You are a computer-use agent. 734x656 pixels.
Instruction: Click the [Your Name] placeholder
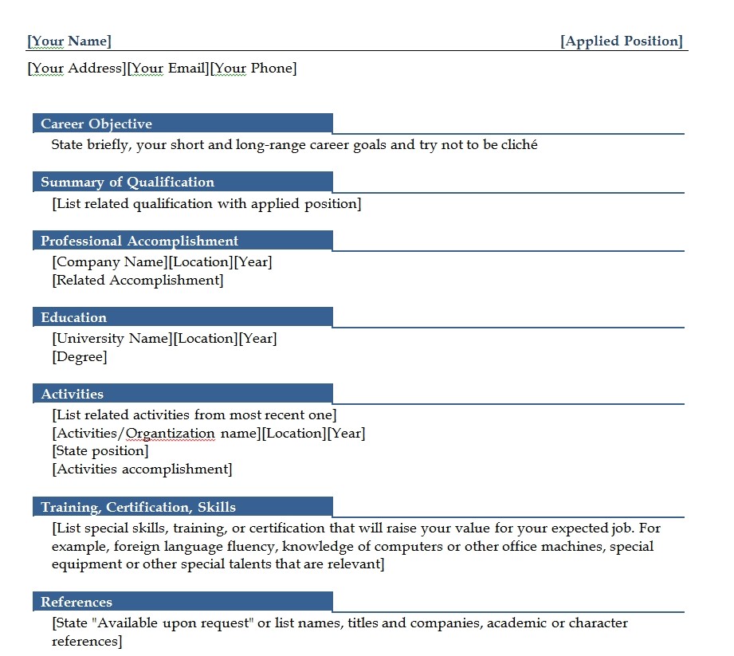(69, 41)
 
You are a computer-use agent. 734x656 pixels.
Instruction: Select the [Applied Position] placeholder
(622, 41)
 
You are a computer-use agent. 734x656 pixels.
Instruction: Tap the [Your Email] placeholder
(168, 69)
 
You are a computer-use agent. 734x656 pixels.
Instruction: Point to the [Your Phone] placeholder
(253, 69)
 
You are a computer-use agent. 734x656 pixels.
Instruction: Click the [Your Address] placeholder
(77, 69)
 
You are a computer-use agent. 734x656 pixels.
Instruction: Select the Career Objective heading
(96, 124)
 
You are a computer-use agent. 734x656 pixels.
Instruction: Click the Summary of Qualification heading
(128, 182)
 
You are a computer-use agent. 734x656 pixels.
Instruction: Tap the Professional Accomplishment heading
(139, 241)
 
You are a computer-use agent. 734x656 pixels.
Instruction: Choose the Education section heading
(73, 317)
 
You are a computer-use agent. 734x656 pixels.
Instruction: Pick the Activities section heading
(73, 394)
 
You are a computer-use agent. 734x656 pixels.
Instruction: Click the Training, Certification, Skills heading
(138, 507)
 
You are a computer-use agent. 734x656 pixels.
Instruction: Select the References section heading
(77, 602)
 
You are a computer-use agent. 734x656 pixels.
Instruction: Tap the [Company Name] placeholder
(110, 262)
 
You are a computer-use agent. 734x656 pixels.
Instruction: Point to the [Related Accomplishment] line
(138, 281)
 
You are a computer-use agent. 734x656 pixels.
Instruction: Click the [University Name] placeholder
(112, 339)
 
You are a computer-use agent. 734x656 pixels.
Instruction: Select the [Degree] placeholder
(80, 357)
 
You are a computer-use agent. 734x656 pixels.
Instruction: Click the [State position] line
(100, 451)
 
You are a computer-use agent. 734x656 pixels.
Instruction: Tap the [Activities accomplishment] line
(142, 469)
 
